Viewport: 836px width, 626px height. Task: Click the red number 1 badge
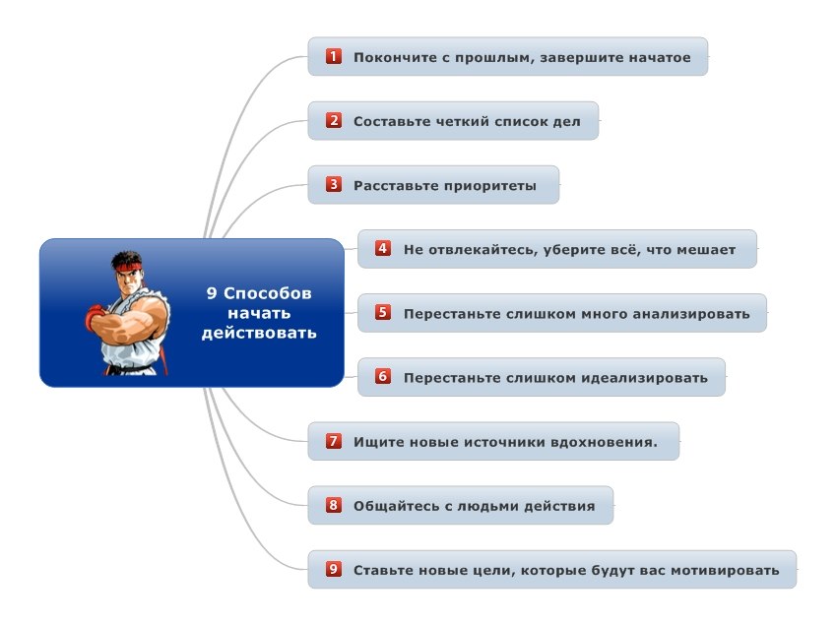334,56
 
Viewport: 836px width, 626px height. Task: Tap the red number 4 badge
383,248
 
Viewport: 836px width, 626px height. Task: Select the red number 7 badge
334,441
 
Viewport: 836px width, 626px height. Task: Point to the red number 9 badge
334,569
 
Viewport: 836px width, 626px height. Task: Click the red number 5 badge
383,312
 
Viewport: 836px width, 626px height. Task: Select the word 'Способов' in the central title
267,293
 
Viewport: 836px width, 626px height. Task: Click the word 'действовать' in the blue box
259,334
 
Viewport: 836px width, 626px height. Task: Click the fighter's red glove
95,317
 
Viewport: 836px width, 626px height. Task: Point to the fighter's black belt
131,368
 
